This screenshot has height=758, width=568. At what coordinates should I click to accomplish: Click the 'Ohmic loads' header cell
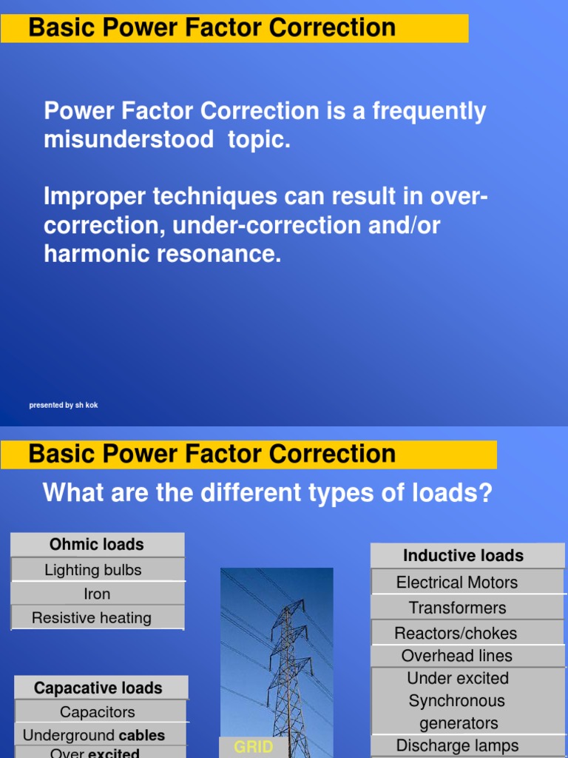coord(97,545)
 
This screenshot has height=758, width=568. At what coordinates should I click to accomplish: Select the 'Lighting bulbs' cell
coord(93,570)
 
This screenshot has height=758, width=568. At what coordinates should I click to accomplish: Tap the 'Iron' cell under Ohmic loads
coord(97,594)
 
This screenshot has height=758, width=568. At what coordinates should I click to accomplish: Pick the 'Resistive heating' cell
coord(92,618)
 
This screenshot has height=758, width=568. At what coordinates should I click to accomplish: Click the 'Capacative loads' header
coord(98,688)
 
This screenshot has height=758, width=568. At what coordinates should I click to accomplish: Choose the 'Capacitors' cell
coord(98,712)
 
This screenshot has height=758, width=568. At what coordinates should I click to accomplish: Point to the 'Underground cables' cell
coord(94,735)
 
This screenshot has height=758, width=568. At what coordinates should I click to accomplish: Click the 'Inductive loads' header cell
coord(463,556)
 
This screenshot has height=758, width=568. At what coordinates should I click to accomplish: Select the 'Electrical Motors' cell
coord(457,583)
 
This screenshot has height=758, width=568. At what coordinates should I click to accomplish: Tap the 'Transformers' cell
coord(458,608)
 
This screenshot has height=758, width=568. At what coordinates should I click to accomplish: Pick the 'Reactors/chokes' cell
coord(456,633)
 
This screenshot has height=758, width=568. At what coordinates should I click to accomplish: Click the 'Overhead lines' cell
coord(457,656)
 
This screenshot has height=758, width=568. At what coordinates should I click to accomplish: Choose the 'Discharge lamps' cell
coord(458,745)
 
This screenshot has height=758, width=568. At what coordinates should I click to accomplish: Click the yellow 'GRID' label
coord(254,748)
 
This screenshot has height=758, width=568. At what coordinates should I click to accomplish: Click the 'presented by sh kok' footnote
coord(64,405)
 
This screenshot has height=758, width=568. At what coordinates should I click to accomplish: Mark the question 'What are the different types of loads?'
coord(268,492)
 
